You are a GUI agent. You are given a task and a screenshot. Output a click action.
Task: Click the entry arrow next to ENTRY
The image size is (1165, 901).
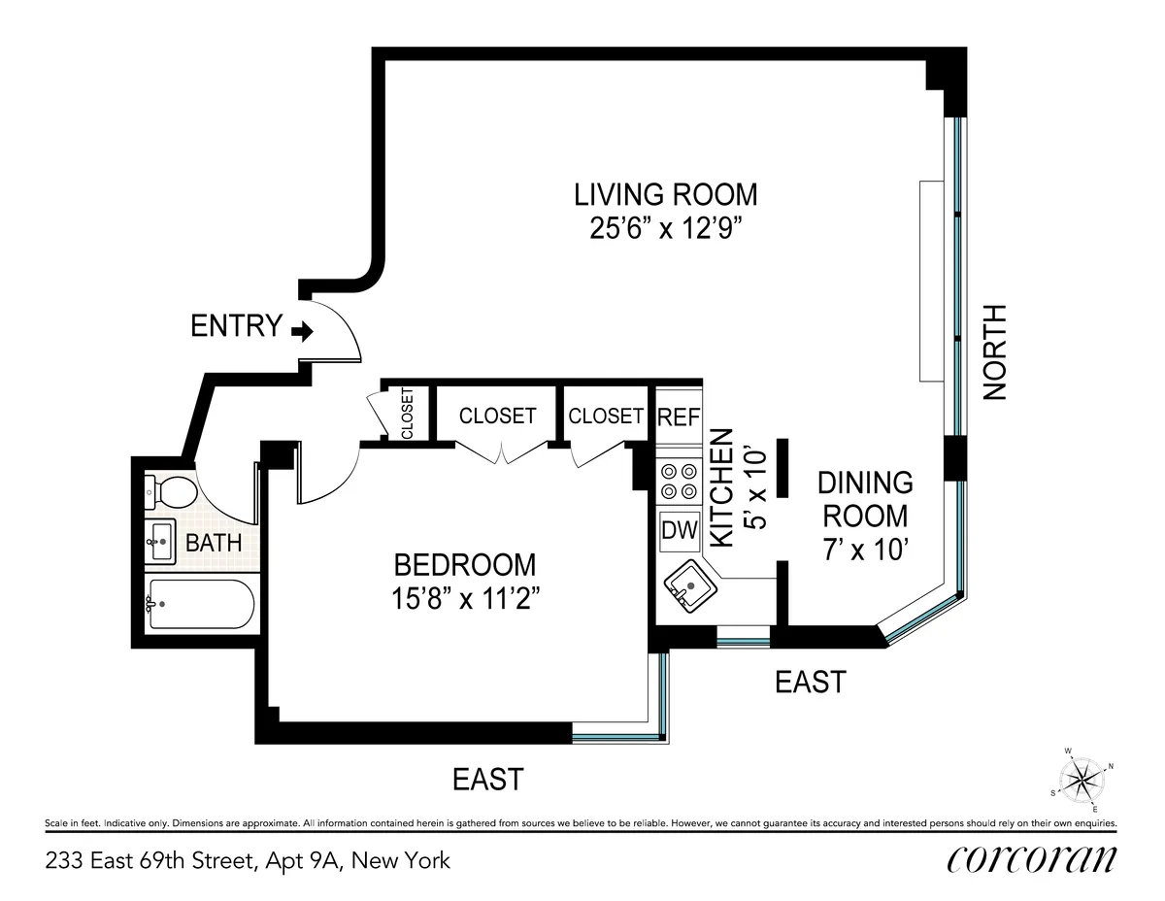(x=302, y=332)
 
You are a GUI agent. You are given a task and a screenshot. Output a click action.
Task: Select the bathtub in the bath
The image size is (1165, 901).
(x=200, y=605)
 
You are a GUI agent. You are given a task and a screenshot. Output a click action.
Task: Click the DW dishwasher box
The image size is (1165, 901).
(x=679, y=530)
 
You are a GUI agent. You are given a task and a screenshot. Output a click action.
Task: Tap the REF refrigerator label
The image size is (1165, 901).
(x=679, y=417)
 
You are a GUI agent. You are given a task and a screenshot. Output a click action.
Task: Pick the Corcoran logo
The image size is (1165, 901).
(x=1030, y=860)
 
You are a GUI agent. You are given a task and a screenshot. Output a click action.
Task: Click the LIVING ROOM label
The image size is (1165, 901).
(x=665, y=194)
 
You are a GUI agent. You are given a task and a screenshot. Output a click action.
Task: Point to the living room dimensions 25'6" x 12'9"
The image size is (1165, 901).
(x=665, y=229)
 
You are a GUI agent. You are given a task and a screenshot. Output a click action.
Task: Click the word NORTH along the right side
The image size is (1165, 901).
(x=995, y=352)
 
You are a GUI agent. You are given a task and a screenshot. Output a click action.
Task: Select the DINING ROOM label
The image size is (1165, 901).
(x=863, y=498)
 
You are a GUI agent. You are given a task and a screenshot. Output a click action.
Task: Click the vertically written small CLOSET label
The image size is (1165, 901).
(x=407, y=414)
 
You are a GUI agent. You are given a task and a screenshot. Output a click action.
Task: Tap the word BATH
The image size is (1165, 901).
(x=214, y=543)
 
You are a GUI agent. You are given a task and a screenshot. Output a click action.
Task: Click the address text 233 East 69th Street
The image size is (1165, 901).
(x=248, y=860)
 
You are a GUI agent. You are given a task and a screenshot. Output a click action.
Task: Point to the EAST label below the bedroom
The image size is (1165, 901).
(x=488, y=779)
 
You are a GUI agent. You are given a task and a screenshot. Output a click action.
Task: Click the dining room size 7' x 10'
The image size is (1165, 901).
(x=863, y=550)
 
